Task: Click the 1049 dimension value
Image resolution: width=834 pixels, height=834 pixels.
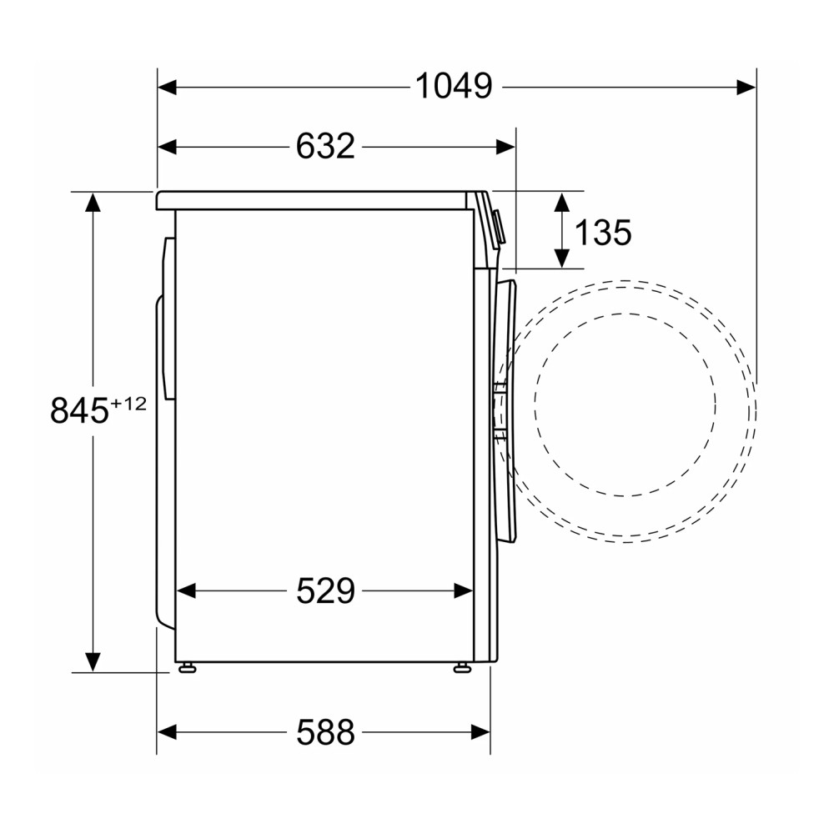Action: point(454,86)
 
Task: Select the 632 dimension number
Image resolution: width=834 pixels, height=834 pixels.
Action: point(325,147)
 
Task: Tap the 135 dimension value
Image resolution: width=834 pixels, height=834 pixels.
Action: point(602,233)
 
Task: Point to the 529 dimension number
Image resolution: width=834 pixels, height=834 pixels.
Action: point(325,591)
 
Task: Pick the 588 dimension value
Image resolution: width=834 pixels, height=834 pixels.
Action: point(325,733)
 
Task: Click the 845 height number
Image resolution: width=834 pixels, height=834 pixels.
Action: point(80,411)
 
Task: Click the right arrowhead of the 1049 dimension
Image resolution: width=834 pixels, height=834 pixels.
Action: point(746,86)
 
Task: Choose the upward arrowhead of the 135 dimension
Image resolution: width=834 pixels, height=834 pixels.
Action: point(562,203)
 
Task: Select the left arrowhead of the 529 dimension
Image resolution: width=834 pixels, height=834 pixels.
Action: point(186,591)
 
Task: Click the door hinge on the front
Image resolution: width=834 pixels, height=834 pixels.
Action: point(499,410)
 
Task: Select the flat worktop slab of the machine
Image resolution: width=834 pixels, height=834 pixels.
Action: point(313,200)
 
